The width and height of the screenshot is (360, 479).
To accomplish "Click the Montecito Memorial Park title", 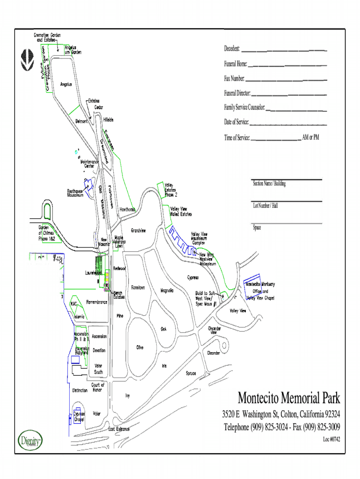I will click(288, 399).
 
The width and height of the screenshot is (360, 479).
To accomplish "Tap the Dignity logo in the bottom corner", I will click(30, 440).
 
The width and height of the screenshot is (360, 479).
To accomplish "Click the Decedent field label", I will click(232, 49).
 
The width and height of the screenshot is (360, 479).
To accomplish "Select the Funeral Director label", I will click(237, 94).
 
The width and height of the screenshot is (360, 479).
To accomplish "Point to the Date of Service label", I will click(236, 123).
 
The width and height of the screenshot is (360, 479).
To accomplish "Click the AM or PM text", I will click(310, 138).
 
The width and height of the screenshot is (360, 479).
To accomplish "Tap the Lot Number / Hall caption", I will click(265, 205).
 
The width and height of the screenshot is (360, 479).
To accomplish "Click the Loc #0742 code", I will click(331, 439).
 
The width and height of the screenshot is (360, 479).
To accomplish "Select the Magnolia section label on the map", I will click(167, 290).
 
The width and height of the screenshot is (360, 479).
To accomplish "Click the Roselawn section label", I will click(138, 287).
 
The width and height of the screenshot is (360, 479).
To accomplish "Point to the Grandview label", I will click(138, 231).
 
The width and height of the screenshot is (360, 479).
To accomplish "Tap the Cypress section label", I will click(193, 277).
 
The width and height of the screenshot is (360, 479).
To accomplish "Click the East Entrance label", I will click(119, 428).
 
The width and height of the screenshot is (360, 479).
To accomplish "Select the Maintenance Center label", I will click(89, 164).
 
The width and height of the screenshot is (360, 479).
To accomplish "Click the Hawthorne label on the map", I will click(127, 210).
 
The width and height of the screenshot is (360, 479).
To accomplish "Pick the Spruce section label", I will click(191, 373).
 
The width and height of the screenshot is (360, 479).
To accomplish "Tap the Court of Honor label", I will click(97, 387).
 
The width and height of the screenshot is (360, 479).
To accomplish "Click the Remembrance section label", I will click(97, 302).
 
